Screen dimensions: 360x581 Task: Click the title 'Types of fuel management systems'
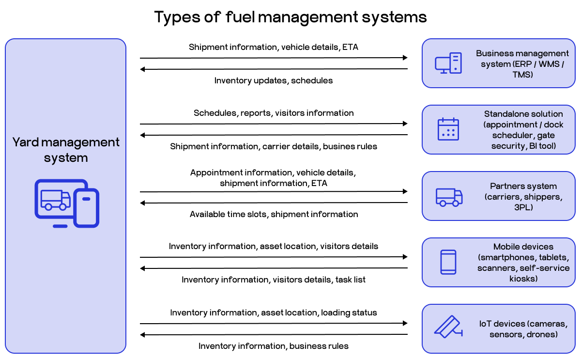click(x=290, y=17)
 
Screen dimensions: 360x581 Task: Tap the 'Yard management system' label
click(x=66, y=150)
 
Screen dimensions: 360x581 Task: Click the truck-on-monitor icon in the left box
click(x=66, y=203)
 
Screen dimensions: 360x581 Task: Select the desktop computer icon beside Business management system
click(x=448, y=63)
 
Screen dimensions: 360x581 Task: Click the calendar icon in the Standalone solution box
click(x=448, y=129)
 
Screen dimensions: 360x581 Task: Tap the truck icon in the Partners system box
click(x=449, y=197)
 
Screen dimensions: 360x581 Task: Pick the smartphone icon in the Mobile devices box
click(x=448, y=262)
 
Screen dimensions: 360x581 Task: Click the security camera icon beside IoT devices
click(x=448, y=328)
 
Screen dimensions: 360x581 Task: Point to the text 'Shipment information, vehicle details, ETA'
click(x=274, y=47)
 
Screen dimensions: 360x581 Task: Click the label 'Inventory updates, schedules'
click(x=274, y=80)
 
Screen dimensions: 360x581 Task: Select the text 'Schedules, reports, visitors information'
click(x=274, y=113)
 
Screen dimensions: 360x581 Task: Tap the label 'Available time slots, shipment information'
click(x=274, y=214)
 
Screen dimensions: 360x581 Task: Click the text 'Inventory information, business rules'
click(x=274, y=346)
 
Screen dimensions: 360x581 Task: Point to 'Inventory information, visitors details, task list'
click(x=274, y=280)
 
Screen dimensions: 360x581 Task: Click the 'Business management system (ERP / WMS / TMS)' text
click(x=522, y=64)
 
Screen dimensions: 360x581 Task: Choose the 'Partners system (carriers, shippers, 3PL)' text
click(x=523, y=197)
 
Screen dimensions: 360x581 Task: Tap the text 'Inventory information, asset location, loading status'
click(x=274, y=313)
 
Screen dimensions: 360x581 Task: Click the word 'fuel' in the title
click(x=240, y=17)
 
